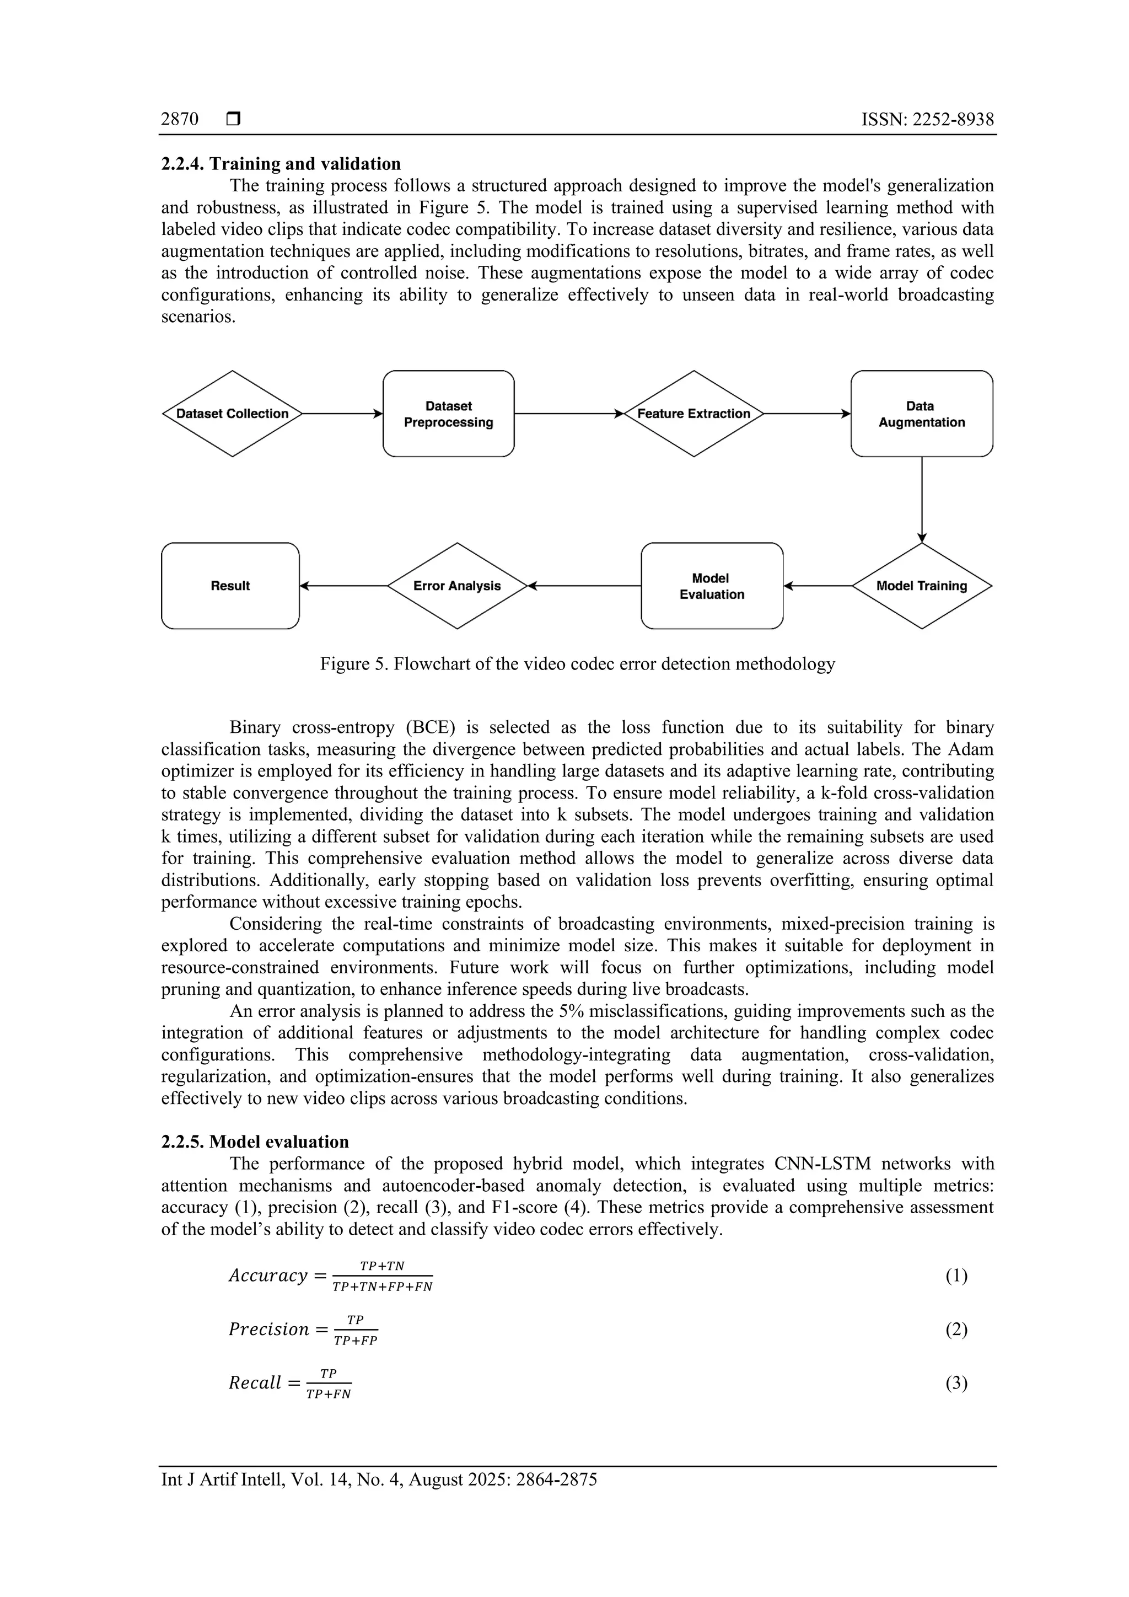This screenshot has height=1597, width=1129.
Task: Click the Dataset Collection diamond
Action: pyautogui.click(x=232, y=413)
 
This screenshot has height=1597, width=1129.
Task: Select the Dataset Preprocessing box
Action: pyautogui.click(x=448, y=413)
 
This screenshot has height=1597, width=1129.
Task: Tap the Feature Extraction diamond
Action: pyautogui.click(x=694, y=413)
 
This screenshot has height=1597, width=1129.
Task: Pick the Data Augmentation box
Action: pyautogui.click(x=922, y=413)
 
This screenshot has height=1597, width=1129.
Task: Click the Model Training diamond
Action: pyautogui.click(x=922, y=586)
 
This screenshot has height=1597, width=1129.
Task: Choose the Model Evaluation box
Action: pyautogui.click(x=712, y=586)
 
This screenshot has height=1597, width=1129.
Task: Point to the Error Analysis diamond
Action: pyautogui.click(x=457, y=586)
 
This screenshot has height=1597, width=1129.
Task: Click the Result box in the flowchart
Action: pyautogui.click(x=230, y=586)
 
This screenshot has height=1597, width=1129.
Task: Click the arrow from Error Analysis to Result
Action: pyautogui.click(x=343, y=586)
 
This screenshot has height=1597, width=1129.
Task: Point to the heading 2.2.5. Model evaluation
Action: pyautogui.click(x=255, y=1142)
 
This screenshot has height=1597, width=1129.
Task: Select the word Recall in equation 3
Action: pyautogui.click(x=255, y=1383)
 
